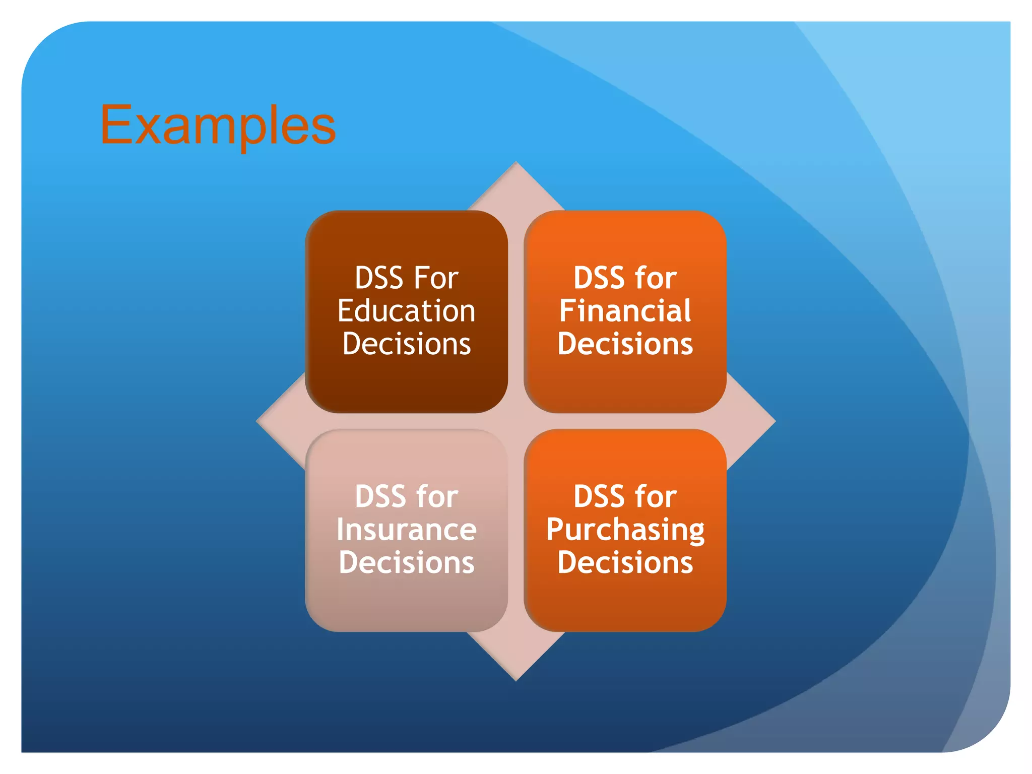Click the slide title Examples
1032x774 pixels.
(218, 125)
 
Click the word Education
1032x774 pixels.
(406, 311)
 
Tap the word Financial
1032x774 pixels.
(625, 311)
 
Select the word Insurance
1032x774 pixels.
(406, 530)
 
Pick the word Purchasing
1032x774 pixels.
(625, 531)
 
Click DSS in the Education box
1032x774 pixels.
(379, 278)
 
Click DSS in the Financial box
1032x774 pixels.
(598, 278)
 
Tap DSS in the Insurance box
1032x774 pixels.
(379, 497)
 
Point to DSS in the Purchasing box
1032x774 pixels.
(598, 497)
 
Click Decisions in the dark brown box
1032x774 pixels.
(406, 344)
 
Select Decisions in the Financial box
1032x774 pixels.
(625, 344)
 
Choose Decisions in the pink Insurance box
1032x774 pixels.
(406, 563)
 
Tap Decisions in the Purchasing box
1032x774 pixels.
(625, 563)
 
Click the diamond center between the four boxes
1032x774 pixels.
(515, 421)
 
